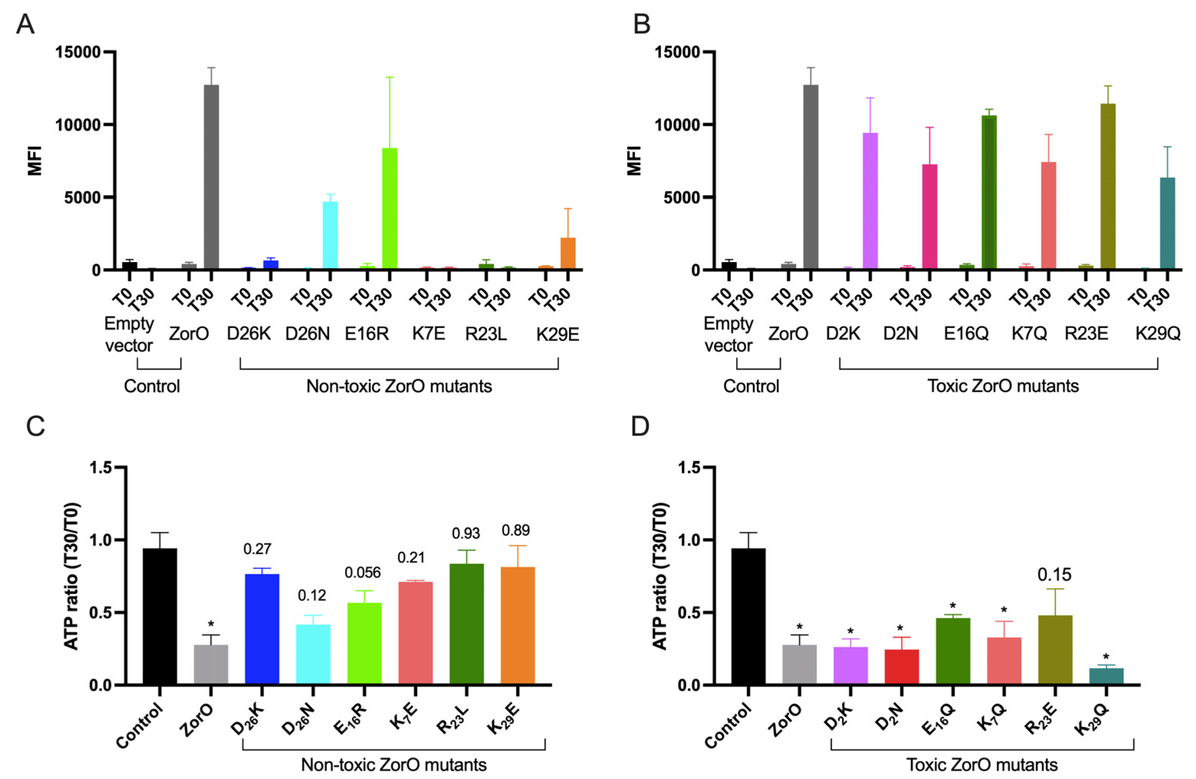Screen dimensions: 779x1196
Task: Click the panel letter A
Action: [x=25, y=24]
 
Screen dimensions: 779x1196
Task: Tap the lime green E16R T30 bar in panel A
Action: [x=389, y=208]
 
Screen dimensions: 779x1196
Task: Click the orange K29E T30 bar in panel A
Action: [x=568, y=253]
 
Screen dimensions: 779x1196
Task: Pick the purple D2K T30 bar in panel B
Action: [x=870, y=201]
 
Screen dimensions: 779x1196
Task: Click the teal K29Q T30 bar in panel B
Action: [x=1167, y=224]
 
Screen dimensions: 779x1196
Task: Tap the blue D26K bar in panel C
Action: [x=262, y=629]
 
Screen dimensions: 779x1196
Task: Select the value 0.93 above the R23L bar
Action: [x=466, y=533]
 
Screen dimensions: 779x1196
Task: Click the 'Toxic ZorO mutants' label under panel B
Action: [x=1002, y=386]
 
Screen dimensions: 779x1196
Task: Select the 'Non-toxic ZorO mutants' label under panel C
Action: [x=394, y=764]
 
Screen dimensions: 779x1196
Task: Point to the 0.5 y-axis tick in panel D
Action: [x=689, y=613]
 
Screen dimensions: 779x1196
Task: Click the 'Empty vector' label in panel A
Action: [x=129, y=334]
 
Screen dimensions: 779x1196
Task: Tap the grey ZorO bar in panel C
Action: [x=211, y=664]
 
